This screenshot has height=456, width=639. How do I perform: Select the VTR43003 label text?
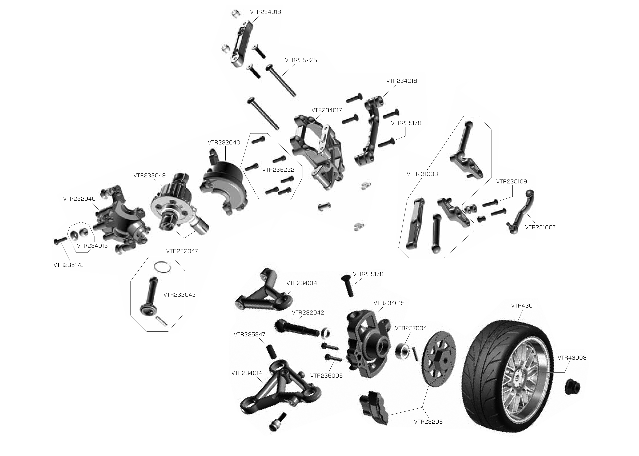(572, 358)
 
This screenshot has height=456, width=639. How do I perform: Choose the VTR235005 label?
(327, 376)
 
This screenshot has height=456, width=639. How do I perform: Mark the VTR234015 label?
(389, 303)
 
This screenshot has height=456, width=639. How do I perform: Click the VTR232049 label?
(150, 176)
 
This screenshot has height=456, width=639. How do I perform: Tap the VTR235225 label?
(301, 60)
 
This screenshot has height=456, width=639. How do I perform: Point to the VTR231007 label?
(540, 227)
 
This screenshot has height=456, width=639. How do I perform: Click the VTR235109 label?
(511, 181)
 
